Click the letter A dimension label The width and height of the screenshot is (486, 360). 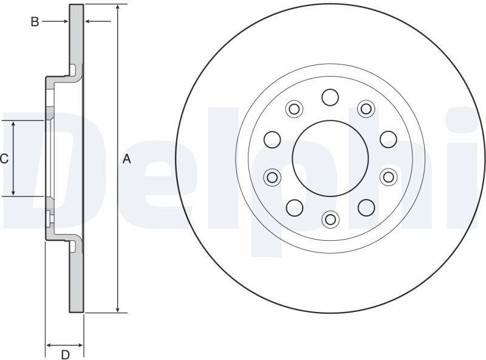127,159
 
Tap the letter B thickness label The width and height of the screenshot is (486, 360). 35,22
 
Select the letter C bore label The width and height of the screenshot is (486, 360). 4,159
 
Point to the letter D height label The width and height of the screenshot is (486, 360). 65,355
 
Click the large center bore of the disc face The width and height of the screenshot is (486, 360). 330,158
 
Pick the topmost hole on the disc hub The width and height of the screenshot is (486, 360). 330,97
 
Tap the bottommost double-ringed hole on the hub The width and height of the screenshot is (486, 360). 330,219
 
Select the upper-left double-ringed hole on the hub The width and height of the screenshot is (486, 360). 294,109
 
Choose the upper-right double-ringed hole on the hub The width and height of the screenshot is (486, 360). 366,109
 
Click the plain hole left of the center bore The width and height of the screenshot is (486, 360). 272,139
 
